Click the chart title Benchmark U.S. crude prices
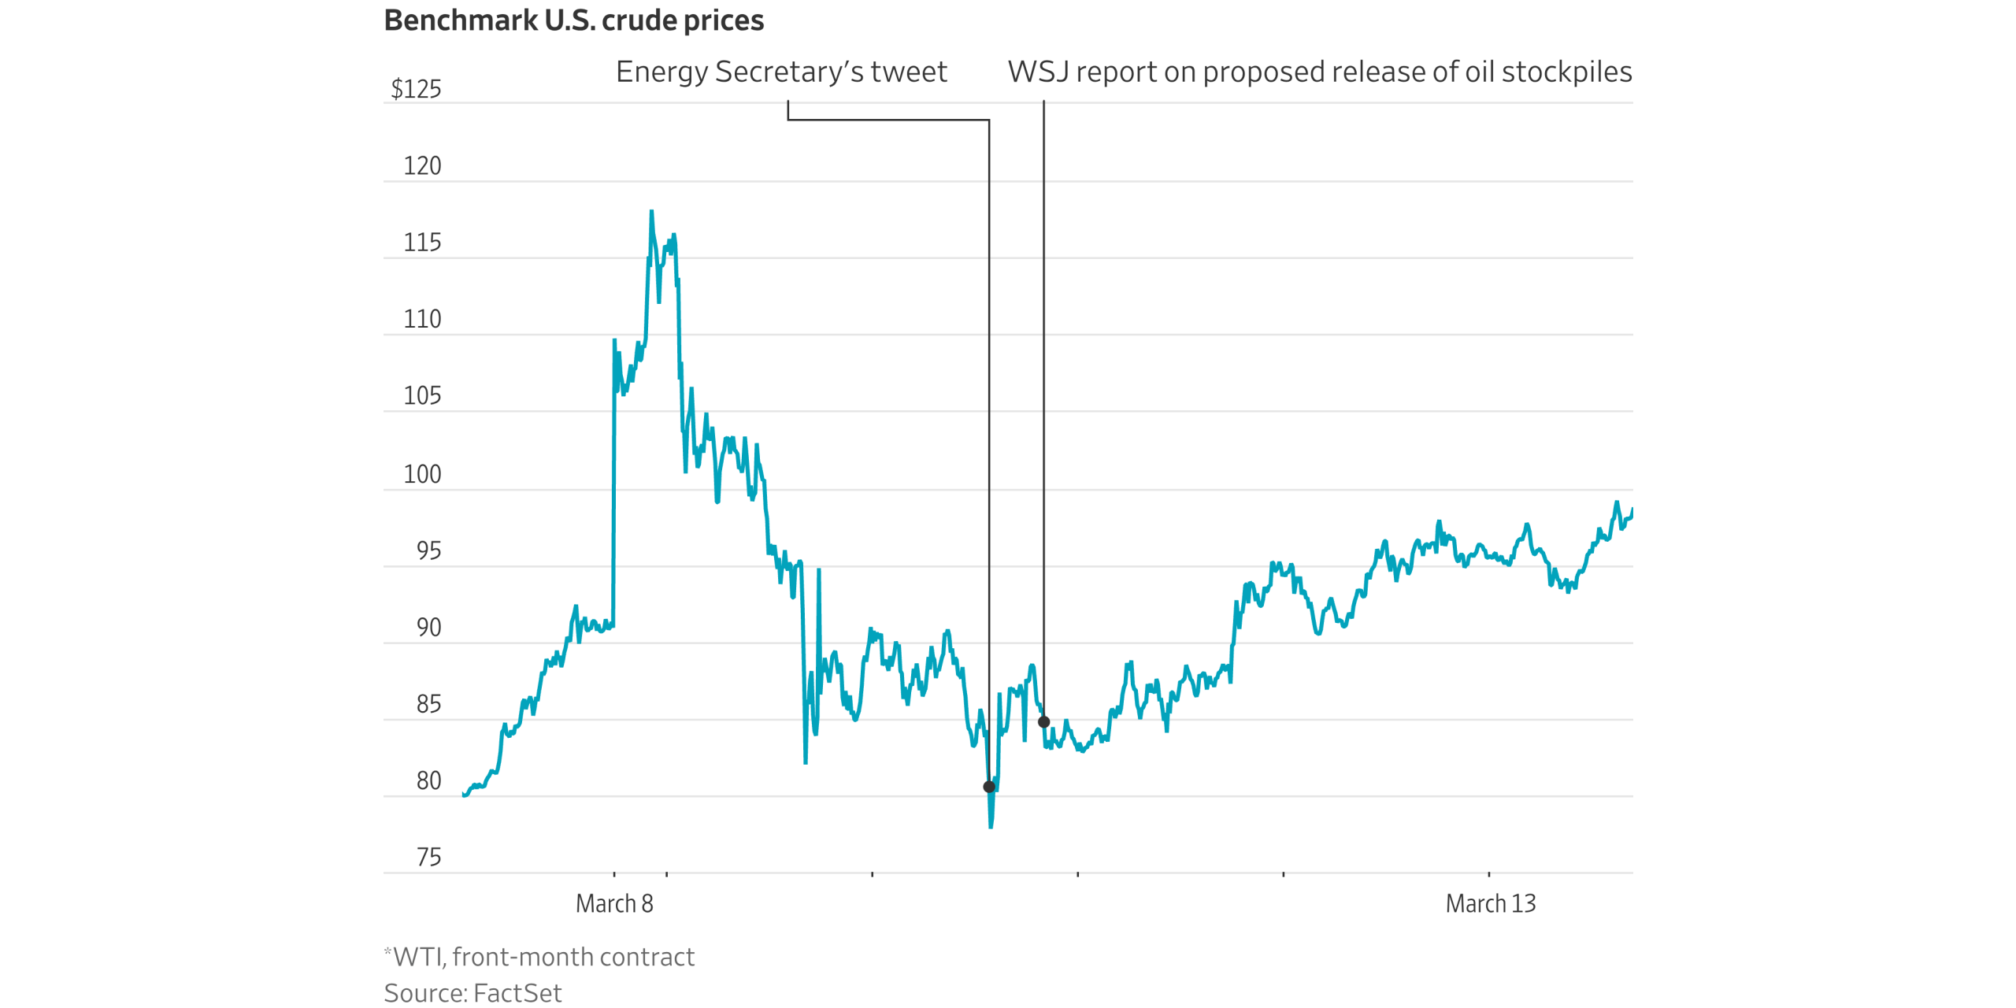coord(573,20)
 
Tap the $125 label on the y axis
coord(416,89)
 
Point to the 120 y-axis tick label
coord(422,166)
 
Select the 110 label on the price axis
coord(422,319)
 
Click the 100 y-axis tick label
coord(422,474)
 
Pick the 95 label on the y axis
coord(428,550)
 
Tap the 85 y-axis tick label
coord(428,704)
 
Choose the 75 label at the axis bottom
coord(428,857)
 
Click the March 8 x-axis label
coord(614,903)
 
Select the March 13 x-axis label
coord(1490,903)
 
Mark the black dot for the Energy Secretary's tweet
coord(989,787)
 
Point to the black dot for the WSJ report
coord(1043,721)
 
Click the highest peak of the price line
coord(651,211)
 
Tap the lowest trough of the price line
coord(991,827)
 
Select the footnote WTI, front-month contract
coord(543,957)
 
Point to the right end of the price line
coord(1632,510)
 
